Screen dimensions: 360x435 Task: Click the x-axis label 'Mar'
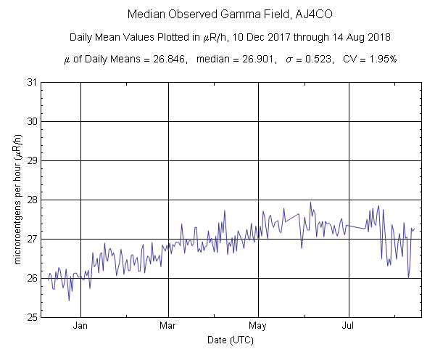[x=168, y=327]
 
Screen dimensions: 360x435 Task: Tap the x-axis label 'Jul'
[x=349, y=327]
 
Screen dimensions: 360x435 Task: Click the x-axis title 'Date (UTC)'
[x=231, y=340]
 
